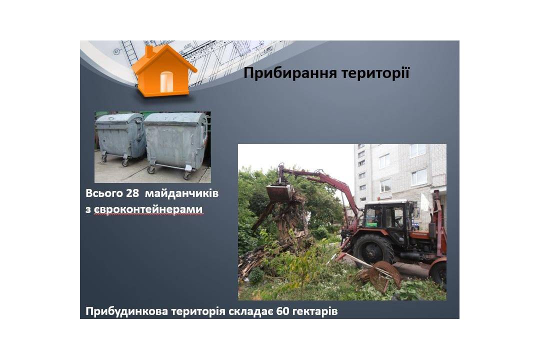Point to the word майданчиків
click(x=181, y=193)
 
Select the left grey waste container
click(x=120, y=138)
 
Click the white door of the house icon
click(x=166, y=82)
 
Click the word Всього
click(x=104, y=193)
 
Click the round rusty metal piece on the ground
click(x=387, y=274)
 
